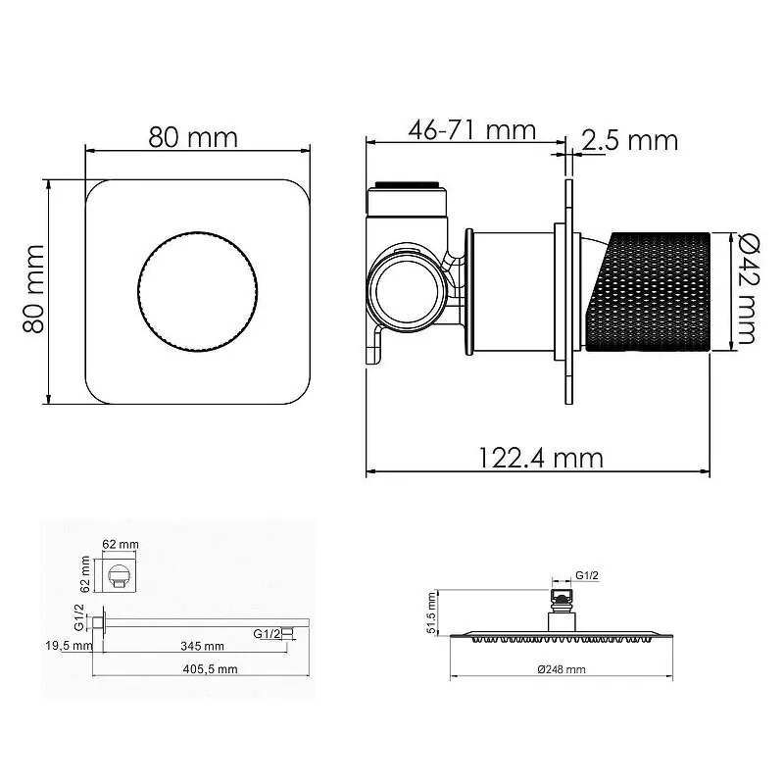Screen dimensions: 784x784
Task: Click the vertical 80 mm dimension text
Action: point(34,291)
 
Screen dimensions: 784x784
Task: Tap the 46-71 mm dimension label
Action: point(472,129)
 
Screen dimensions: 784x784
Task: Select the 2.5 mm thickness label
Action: point(629,140)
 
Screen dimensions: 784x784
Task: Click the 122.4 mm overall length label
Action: point(541,457)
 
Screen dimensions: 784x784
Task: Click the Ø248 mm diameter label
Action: point(561,669)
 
